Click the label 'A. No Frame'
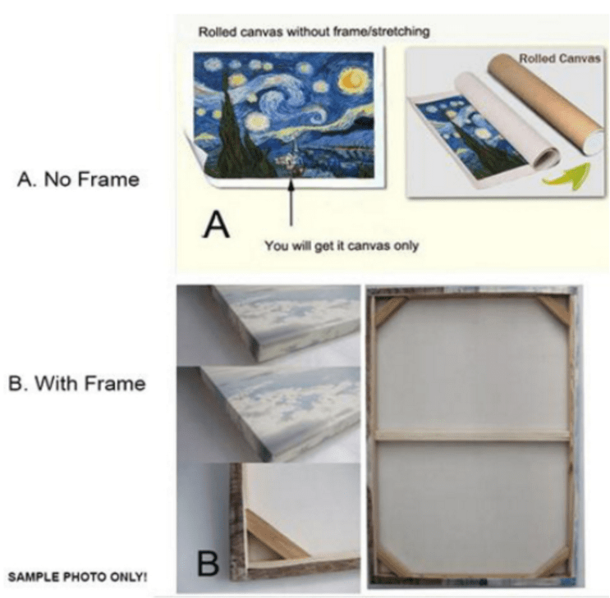coord(78,180)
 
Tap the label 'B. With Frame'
coord(77,383)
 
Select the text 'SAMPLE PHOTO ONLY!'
coord(77,577)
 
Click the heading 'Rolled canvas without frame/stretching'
coord(314,31)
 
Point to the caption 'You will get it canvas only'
coord(342,246)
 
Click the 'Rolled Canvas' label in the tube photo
coord(560,59)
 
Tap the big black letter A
coord(216,224)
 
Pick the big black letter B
coord(209,563)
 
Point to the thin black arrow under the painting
coord(291,202)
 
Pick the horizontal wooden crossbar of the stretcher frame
coord(473,435)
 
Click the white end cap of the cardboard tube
coord(595,142)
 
